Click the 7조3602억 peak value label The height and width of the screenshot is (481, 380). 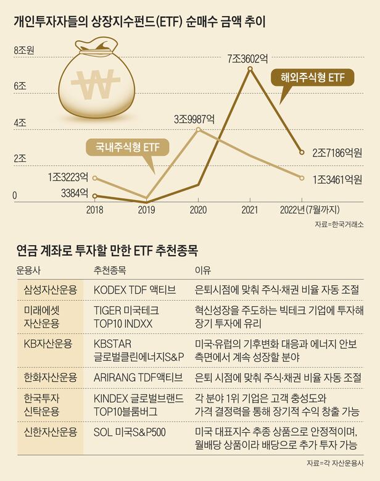pos(249,59)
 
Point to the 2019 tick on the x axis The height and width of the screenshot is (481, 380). pos(146,210)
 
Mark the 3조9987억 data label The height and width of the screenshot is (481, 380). pos(194,118)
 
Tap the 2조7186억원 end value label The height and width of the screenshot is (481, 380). pos(337,152)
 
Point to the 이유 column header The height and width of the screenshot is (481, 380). pos(202,270)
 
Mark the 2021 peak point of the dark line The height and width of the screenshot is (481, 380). pos(249,69)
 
